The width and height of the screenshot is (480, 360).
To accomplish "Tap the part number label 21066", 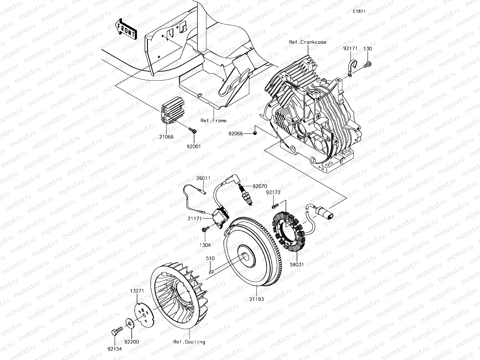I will click(166, 137).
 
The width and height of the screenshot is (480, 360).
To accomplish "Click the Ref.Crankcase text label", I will click(307, 42).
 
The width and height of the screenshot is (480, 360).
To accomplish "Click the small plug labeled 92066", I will click(254, 133).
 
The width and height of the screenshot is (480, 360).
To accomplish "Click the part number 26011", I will click(203, 178).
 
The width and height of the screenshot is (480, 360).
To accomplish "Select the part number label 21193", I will click(256, 299).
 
